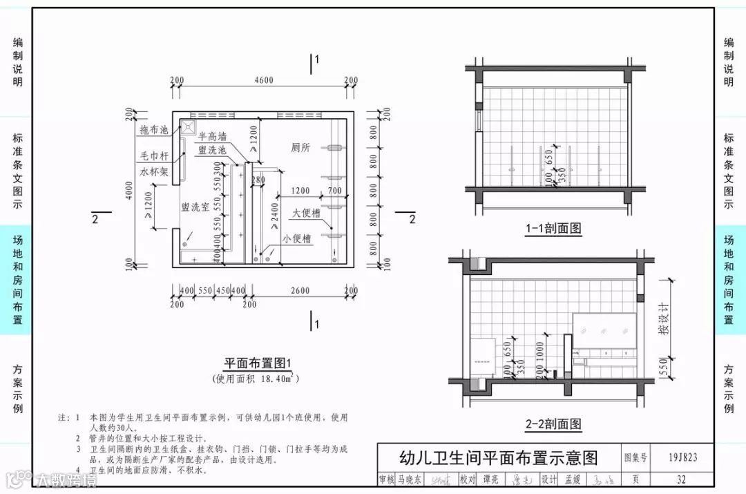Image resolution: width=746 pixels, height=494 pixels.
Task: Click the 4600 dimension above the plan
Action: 263,80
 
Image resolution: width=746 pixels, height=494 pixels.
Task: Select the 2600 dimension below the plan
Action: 300,291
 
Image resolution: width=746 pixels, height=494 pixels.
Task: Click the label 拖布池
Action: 154,129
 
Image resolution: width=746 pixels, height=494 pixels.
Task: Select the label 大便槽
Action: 306,213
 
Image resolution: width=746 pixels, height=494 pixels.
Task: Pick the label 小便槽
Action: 296,239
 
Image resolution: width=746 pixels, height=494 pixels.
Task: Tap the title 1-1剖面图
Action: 553,228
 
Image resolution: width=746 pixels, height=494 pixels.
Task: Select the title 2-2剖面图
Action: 553,424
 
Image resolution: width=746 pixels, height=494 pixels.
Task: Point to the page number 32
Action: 682,479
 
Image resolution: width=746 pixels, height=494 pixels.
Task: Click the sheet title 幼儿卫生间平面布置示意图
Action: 498,457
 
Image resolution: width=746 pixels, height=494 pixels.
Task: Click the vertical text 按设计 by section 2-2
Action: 663,319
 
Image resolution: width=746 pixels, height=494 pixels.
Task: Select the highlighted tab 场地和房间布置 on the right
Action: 729,279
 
